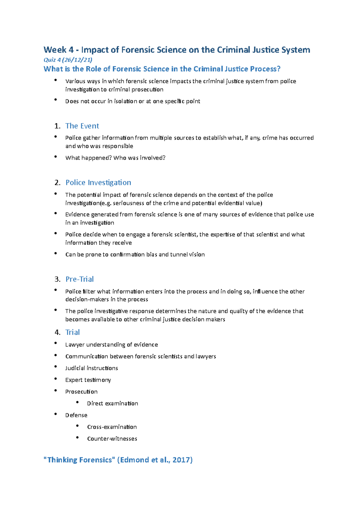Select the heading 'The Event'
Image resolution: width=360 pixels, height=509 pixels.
[x=82, y=126]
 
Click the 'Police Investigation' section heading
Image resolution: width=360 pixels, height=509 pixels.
[x=98, y=183]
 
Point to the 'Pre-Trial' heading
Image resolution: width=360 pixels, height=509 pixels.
[x=79, y=279]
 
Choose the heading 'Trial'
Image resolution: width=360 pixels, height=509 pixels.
[x=73, y=332]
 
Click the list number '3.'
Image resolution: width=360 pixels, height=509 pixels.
[x=57, y=279]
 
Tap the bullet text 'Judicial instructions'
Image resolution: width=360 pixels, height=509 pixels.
[x=91, y=368]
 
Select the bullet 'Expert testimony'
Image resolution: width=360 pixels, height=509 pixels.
[x=88, y=380]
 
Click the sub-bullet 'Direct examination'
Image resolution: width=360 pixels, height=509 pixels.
[x=112, y=403]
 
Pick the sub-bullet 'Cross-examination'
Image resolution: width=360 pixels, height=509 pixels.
[x=112, y=427]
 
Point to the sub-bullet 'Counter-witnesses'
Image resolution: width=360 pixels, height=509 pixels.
[x=112, y=439]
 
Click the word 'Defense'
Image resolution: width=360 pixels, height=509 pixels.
[x=76, y=415]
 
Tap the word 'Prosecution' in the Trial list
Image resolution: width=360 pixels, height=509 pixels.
[x=81, y=391]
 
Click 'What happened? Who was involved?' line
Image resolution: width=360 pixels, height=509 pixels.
[x=115, y=158]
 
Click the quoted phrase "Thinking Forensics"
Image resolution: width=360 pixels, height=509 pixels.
[x=79, y=460]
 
